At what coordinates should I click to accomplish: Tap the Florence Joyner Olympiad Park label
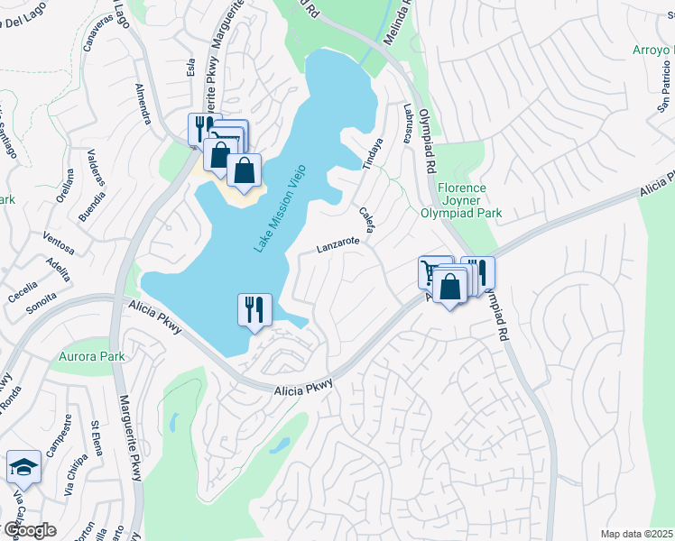coord(461,201)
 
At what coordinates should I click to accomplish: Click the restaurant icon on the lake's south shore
coord(254,309)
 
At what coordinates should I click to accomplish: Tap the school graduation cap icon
coord(23,466)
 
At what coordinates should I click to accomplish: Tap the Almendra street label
coord(143,106)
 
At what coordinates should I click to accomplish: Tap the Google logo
coord(30,530)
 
